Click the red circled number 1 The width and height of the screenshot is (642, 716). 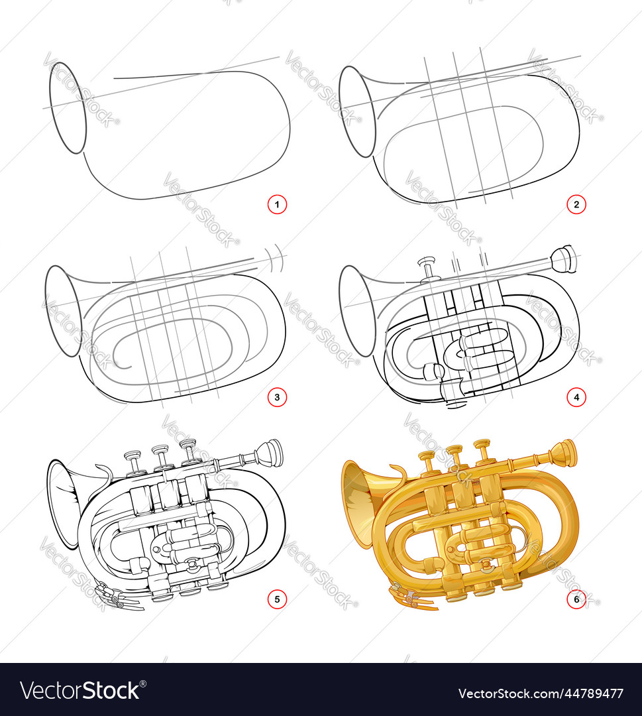click(277, 205)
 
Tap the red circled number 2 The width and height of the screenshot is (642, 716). click(576, 205)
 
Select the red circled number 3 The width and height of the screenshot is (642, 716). click(277, 398)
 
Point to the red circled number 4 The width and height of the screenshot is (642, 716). click(576, 398)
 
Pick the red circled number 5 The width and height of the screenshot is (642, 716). click(277, 600)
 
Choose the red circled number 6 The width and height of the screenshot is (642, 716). click(576, 600)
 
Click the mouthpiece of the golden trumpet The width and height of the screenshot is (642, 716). click(564, 453)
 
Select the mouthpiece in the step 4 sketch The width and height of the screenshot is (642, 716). click(564, 259)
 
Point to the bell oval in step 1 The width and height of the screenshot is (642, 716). click(68, 108)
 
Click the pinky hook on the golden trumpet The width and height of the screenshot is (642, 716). click(400, 473)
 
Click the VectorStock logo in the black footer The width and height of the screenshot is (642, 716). click(80, 690)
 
